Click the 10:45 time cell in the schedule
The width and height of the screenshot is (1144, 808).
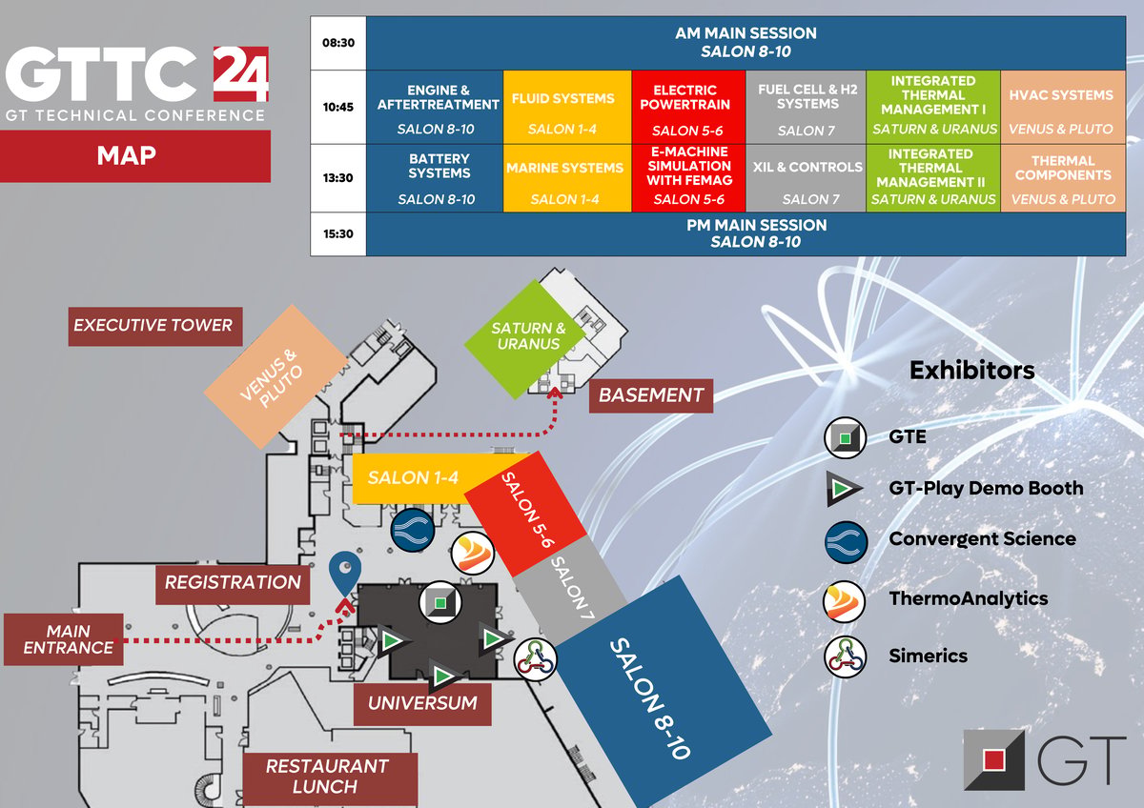(338, 107)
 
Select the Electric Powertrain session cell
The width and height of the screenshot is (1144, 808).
(688, 107)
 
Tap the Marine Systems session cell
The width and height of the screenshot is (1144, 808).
(567, 178)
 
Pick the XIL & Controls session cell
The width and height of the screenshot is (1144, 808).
(806, 178)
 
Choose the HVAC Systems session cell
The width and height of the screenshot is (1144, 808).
(1063, 107)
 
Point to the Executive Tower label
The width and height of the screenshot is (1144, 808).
(155, 326)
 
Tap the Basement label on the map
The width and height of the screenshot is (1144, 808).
(651, 395)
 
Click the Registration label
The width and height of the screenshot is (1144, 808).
(233, 584)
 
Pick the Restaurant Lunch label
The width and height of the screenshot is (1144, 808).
(330, 778)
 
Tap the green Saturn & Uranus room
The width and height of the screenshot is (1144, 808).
(525, 339)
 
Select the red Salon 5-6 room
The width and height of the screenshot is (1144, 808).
(525, 514)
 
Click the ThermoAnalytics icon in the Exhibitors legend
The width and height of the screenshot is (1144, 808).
(845, 601)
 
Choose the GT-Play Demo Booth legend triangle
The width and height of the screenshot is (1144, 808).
(844, 489)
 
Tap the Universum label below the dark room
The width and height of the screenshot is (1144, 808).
(422, 704)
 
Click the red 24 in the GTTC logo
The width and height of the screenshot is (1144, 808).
(240, 74)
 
